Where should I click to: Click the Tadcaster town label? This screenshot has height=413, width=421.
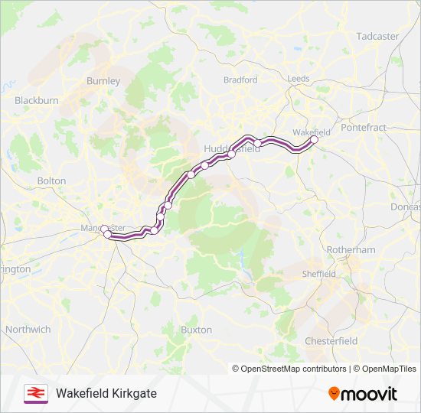point(377,36)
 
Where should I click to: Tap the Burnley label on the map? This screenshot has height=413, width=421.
point(103,80)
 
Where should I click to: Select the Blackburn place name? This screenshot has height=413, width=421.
point(37,100)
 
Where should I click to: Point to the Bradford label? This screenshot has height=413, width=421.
point(240,80)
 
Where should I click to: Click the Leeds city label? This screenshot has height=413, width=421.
point(299,79)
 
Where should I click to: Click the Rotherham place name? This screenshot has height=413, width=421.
point(351,250)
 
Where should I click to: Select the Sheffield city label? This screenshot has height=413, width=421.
point(318,274)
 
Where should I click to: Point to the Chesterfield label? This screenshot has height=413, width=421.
point(331,340)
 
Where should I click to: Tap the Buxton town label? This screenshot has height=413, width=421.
point(196,330)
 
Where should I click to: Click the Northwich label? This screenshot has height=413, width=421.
point(28,329)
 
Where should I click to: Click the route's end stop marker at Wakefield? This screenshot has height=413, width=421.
point(314,139)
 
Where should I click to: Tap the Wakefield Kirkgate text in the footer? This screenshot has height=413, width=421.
point(106,393)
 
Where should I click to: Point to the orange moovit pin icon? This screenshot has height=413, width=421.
point(335,393)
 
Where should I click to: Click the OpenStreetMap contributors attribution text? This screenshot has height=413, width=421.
point(293,369)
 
